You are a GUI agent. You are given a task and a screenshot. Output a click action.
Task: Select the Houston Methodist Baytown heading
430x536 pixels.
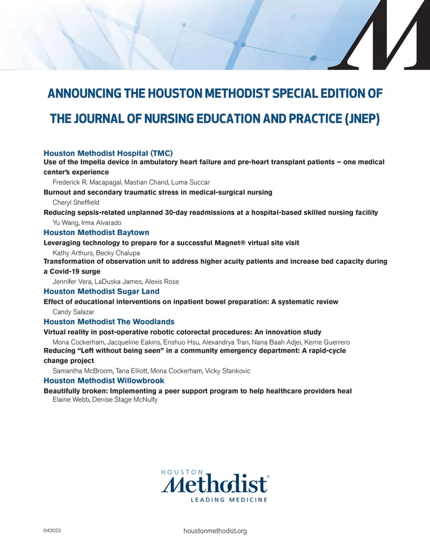pyautogui.click(x=96, y=232)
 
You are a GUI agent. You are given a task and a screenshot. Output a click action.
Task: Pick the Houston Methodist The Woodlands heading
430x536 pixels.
pyautogui.click(x=109, y=321)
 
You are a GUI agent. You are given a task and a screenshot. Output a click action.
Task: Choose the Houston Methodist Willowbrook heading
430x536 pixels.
pyautogui.click(x=104, y=380)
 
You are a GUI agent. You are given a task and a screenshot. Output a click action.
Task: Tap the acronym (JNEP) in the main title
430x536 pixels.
pyautogui.click(x=358, y=119)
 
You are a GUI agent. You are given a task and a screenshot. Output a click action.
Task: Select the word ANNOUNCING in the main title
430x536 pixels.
pyautogui.click(x=81, y=93)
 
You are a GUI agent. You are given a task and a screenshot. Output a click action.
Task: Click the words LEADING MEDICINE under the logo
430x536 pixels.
pyautogui.click(x=229, y=500)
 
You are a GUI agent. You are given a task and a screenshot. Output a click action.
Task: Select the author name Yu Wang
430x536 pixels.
pyautogui.click(x=64, y=223)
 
